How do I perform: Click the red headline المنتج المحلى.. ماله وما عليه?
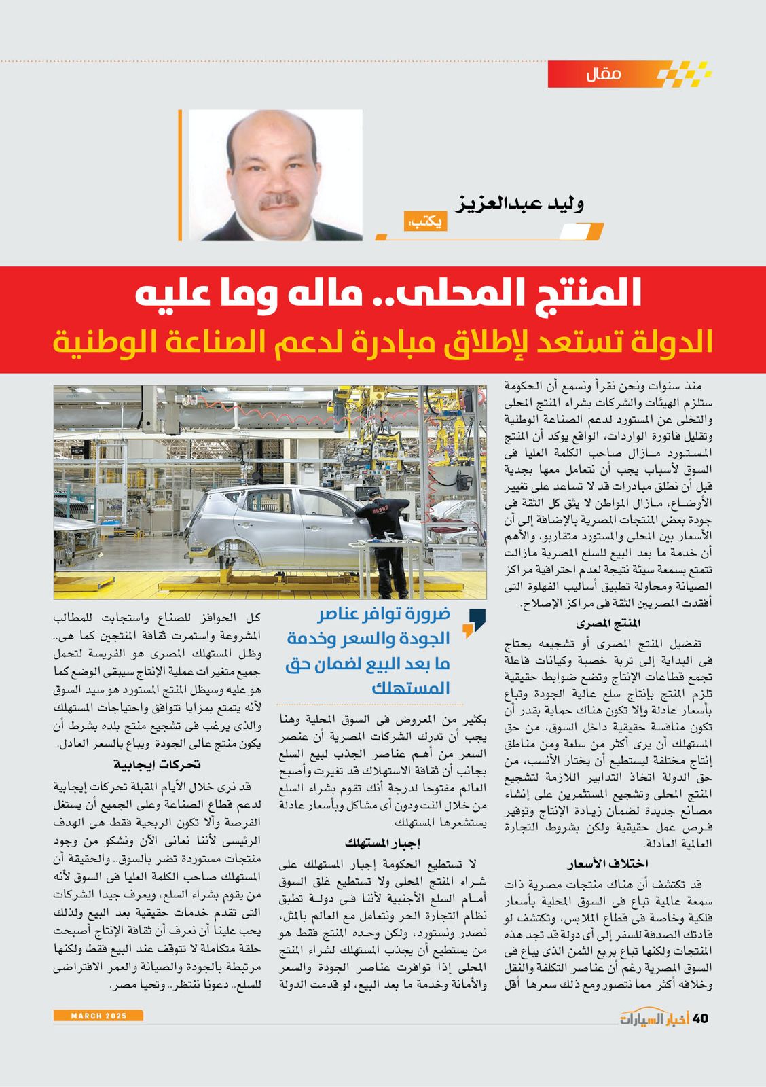pyautogui.click(x=383, y=296)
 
